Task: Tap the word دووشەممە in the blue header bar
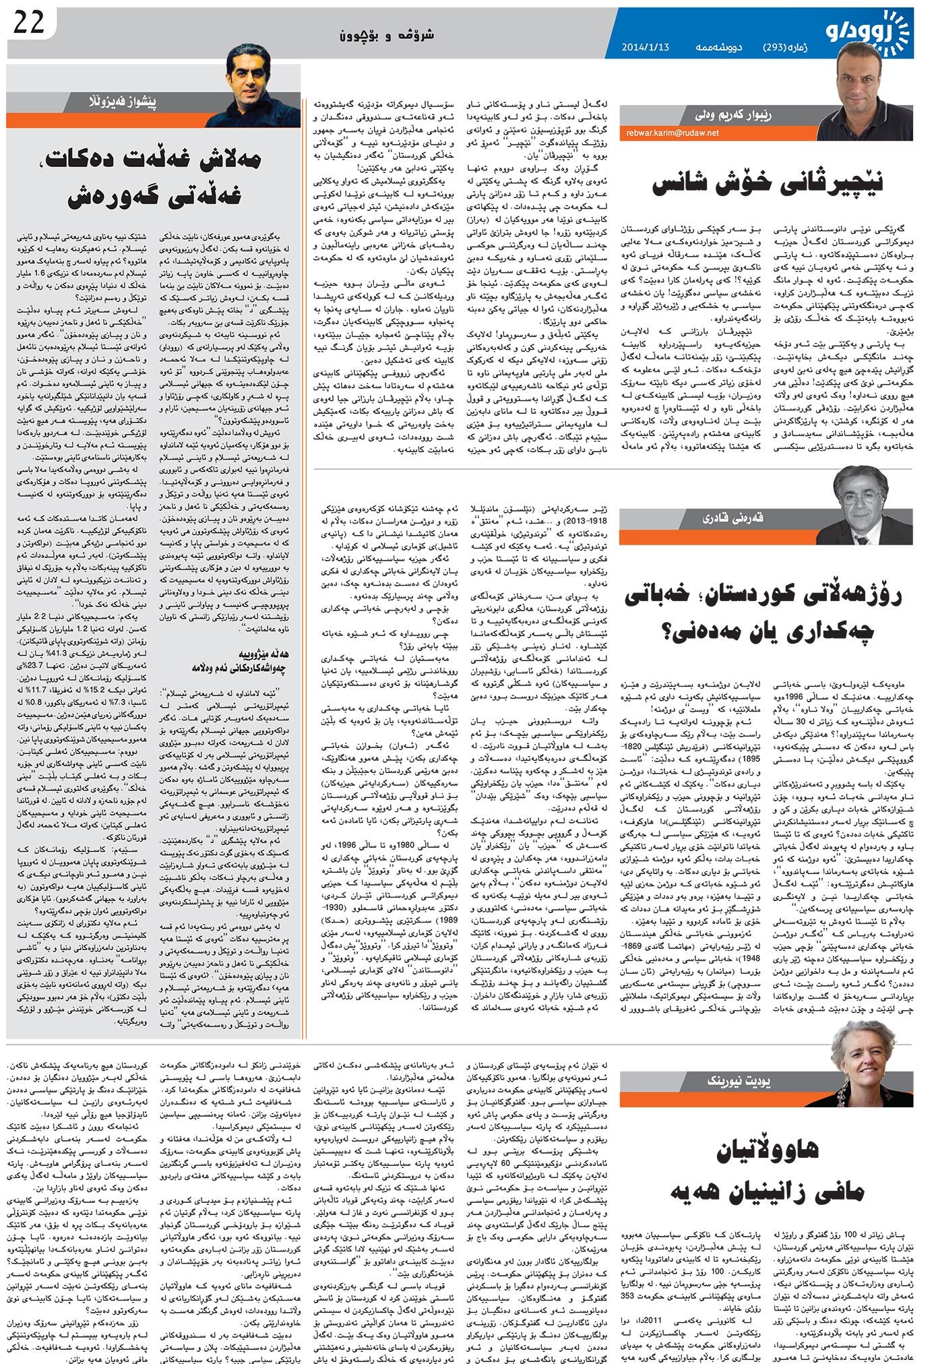coord(715,49)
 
